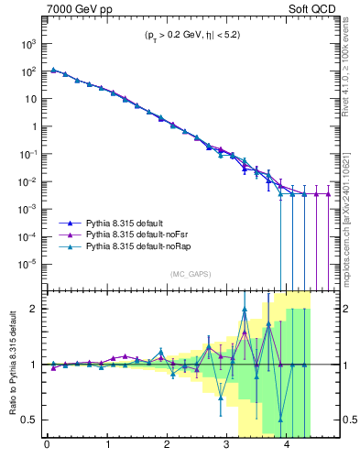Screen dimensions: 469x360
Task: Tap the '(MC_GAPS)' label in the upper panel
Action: click(x=187, y=273)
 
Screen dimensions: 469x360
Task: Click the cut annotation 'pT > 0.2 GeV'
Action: click(x=157, y=38)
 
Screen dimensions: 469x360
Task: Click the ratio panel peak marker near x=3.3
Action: click(x=245, y=309)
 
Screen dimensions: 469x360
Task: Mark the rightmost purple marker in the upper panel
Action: click(x=328, y=194)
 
